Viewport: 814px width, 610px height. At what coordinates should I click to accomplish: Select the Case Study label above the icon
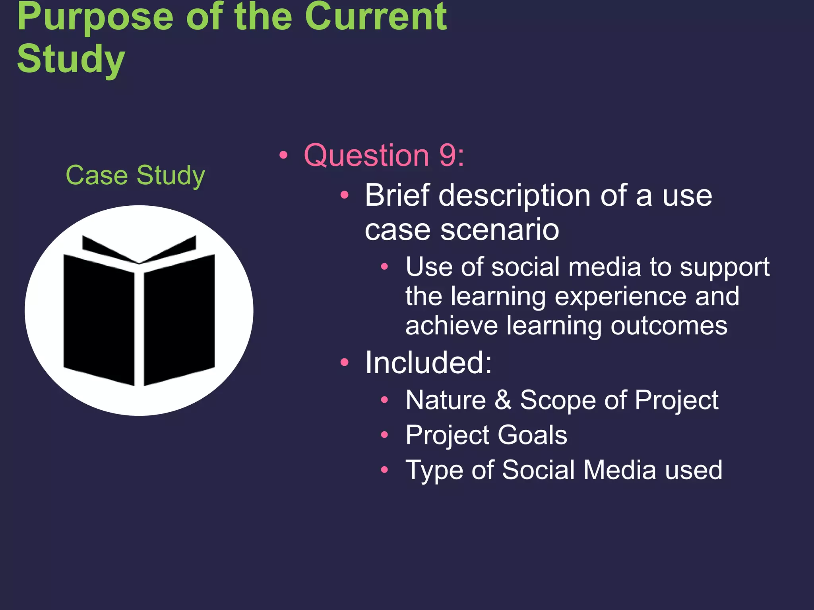tap(135, 175)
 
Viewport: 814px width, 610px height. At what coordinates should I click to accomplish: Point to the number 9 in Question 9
tap(448, 155)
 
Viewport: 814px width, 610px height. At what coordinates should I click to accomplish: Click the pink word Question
tap(366, 155)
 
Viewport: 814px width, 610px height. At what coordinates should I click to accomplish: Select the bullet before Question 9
tap(283, 155)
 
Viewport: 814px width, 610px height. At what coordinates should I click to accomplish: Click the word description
tap(514, 196)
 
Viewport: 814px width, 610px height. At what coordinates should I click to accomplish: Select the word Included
tap(428, 363)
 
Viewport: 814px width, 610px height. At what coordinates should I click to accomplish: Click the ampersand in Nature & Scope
tap(503, 400)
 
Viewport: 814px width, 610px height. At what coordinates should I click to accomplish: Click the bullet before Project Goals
tap(384, 435)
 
